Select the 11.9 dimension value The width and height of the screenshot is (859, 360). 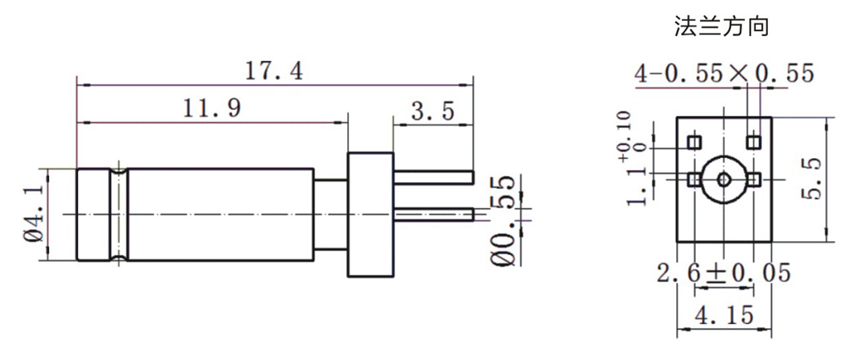click(x=211, y=109)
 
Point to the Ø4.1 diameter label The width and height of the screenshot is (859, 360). click(x=34, y=214)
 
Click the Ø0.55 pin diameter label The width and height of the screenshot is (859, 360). click(x=503, y=223)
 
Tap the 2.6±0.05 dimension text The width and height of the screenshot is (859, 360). click(x=723, y=273)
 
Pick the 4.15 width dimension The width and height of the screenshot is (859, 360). click(x=726, y=314)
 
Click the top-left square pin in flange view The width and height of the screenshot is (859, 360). click(x=695, y=140)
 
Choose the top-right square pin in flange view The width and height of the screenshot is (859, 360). click(x=753, y=140)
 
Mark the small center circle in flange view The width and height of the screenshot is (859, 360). click(x=724, y=180)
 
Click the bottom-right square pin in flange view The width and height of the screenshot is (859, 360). click(x=753, y=179)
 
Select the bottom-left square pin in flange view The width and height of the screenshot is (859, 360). click(x=695, y=179)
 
